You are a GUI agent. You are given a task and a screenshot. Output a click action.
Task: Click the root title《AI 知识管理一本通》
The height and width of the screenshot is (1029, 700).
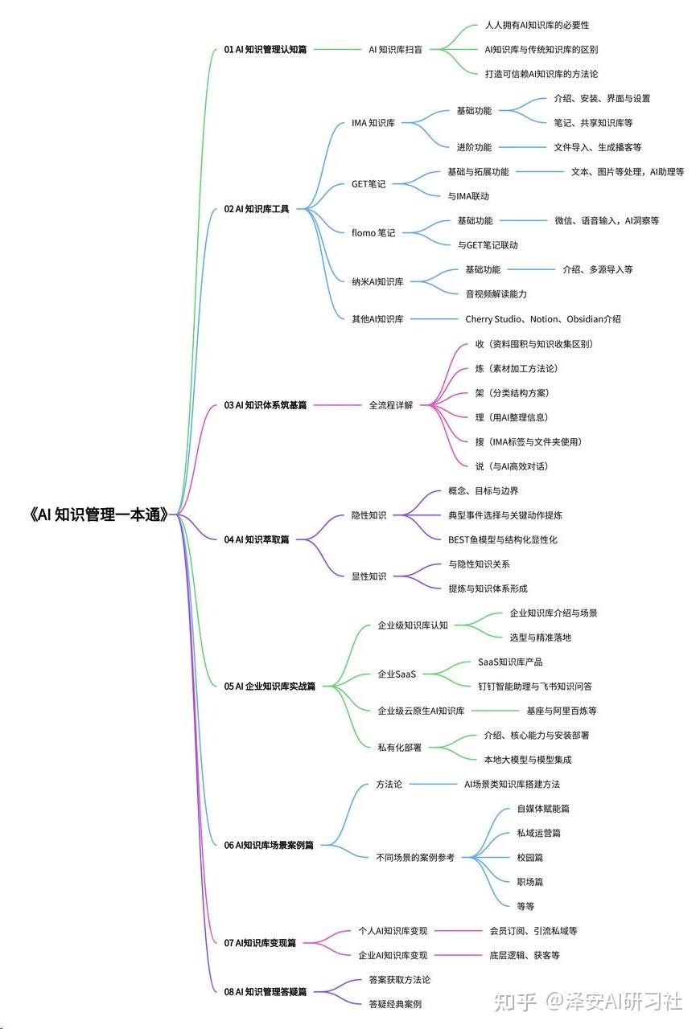(99, 515)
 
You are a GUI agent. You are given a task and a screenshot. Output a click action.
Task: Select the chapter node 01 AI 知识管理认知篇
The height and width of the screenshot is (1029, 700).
(265, 49)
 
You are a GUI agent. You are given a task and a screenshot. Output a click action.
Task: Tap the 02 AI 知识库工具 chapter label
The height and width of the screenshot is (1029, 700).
(256, 209)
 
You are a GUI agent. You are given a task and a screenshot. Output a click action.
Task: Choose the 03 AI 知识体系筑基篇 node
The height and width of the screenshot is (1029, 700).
(265, 405)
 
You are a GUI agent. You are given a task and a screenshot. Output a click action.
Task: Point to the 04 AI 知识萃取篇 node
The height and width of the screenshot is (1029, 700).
(256, 539)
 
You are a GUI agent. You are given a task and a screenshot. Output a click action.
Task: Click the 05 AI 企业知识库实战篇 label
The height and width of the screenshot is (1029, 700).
(270, 687)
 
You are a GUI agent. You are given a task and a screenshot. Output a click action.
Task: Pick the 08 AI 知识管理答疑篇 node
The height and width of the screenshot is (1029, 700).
(265, 992)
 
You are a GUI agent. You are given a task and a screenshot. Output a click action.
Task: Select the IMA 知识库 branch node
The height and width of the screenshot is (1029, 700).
(373, 123)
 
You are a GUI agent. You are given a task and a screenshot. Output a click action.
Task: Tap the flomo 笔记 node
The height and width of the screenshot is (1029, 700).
(373, 233)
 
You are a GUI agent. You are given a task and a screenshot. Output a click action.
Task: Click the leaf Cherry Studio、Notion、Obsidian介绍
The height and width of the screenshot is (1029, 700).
(542, 319)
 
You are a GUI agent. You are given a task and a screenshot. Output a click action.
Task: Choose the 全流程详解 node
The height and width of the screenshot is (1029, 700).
(390, 405)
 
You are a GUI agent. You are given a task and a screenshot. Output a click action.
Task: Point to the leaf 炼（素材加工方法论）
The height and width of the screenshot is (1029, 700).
(516, 368)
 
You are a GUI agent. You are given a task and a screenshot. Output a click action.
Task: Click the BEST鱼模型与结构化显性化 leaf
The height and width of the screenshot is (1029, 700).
(502, 539)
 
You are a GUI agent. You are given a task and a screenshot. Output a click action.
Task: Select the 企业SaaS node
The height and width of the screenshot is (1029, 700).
(397, 674)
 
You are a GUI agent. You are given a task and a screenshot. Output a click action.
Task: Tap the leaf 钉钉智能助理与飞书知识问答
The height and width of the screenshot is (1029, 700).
(534, 687)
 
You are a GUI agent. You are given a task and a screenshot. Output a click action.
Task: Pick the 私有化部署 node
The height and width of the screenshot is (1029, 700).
(399, 747)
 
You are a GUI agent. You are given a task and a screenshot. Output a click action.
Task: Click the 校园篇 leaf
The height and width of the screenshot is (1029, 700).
(529, 858)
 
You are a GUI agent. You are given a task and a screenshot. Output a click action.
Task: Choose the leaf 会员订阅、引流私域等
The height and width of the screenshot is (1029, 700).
(533, 931)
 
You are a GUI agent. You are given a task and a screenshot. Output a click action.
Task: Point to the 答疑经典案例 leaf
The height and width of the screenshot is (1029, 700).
(394, 1004)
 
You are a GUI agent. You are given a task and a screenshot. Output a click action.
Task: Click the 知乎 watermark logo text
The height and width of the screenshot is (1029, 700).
(514, 1002)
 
